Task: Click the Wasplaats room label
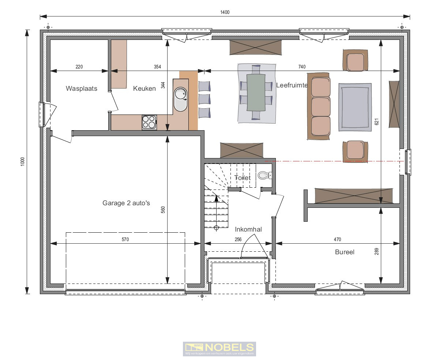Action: tap(82, 88)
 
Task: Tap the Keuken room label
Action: tap(144, 88)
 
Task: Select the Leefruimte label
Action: tap(292, 85)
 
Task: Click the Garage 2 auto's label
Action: tap(126, 203)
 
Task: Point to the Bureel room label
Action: tap(345, 252)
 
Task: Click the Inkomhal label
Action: tap(248, 229)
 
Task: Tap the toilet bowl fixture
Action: tap(263, 176)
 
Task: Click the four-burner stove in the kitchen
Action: tap(149, 122)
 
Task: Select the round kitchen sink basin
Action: tap(181, 94)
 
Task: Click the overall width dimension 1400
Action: tap(225, 12)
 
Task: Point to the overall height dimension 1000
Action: tap(22, 161)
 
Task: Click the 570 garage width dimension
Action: tap(125, 240)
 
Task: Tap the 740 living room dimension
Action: tap(302, 67)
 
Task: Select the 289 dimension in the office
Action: tap(377, 252)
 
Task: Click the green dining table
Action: tap(256, 92)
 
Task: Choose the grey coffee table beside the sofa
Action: tap(353, 107)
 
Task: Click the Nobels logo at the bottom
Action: tap(219, 349)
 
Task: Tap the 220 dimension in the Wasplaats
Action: tap(79, 67)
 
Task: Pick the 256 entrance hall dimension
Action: tap(238, 240)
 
